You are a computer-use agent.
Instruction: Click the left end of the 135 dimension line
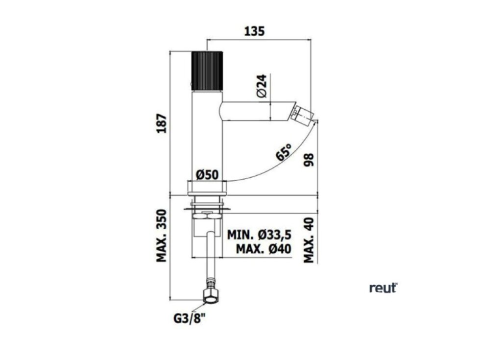(207, 39)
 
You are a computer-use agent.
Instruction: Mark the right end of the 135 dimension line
(311, 39)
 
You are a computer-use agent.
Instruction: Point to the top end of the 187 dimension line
(170, 51)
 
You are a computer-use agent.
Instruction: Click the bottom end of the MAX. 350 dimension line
(170, 300)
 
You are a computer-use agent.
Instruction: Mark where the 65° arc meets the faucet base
(226, 181)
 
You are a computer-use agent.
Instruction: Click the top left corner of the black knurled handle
(192, 51)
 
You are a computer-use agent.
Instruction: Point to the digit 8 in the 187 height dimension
(162, 123)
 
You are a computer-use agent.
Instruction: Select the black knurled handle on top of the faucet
(207, 71)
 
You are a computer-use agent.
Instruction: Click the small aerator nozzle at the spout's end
(302, 114)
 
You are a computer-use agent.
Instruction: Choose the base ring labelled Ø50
(207, 188)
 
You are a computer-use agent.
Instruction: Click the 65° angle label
(284, 152)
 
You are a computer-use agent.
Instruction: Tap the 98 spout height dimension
(309, 160)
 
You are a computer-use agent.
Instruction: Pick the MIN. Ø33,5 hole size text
(259, 235)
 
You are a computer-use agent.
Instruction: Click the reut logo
(384, 288)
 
